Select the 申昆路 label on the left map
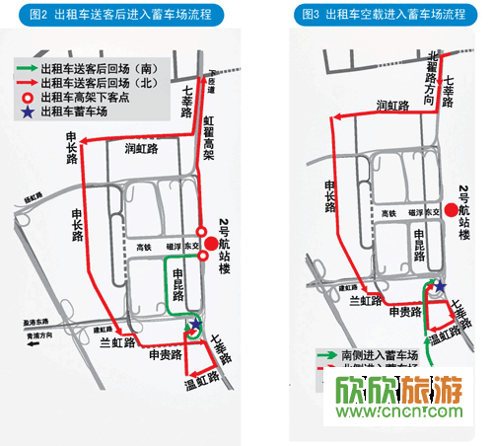178,280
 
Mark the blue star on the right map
441,286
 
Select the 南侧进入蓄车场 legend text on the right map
372,352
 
